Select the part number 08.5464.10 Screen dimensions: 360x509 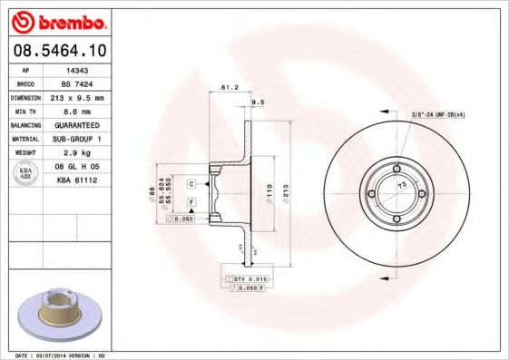point(57,52)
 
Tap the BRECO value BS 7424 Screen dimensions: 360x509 point(78,83)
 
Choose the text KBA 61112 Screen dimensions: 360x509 point(77,180)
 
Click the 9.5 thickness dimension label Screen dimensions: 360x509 point(256,102)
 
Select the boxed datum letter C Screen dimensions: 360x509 point(191,183)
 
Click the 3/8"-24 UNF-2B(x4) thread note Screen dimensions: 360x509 point(439,114)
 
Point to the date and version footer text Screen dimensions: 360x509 point(63,355)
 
